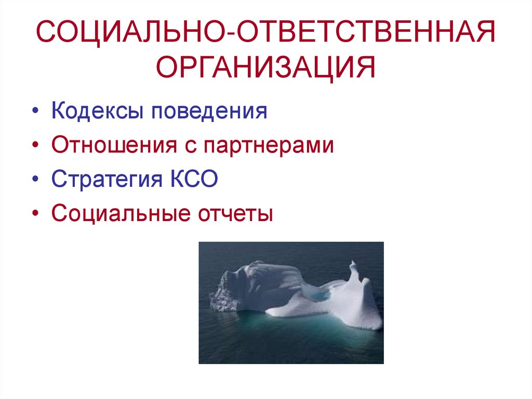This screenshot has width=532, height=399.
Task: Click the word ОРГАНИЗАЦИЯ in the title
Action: (266, 68)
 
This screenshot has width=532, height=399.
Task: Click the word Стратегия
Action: (107, 179)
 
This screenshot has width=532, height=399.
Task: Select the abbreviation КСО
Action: (193, 179)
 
